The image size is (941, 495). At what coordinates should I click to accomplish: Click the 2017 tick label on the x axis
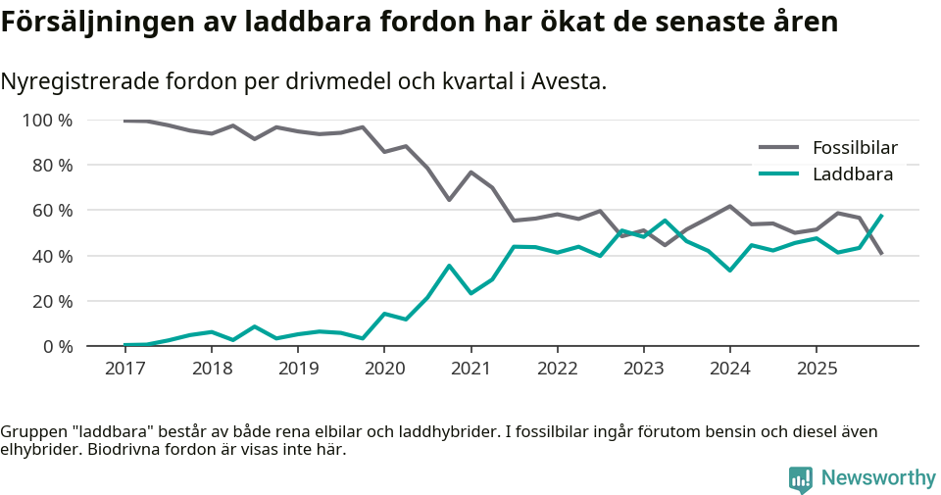[124, 368]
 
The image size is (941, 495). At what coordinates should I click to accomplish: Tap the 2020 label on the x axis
[384, 368]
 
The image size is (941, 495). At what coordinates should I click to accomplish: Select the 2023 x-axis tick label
[644, 368]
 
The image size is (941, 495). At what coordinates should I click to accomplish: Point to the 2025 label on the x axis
[817, 368]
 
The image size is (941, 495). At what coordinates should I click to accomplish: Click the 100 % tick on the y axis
[48, 121]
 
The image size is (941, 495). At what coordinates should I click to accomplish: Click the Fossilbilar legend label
[855, 148]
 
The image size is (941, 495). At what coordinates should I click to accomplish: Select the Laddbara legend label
[852, 174]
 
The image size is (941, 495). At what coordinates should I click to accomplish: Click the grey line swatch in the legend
[779, 148]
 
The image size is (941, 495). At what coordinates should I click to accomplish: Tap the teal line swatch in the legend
[779, 174]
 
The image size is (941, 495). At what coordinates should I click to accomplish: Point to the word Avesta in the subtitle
[568, 81]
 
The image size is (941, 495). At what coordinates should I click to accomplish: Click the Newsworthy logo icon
[801, 478]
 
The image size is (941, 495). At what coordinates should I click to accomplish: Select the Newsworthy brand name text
[878, 478]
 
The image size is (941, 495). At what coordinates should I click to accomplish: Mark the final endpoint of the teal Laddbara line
[882, 215]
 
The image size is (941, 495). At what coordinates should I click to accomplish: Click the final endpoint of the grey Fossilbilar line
[882, 255]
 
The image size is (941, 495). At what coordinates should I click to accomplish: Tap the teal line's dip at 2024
[730, 271]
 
